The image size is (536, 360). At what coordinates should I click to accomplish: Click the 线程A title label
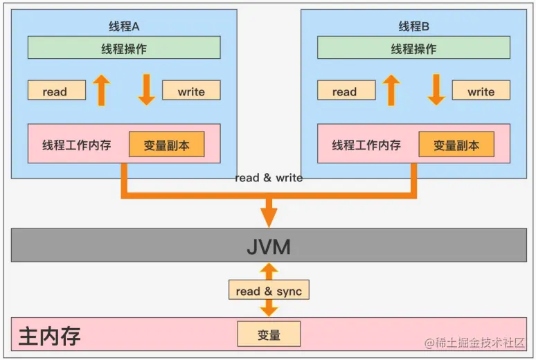[125, 26]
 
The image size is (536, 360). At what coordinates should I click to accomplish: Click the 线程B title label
[414, 26]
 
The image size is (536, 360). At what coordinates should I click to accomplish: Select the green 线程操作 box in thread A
[124, 48]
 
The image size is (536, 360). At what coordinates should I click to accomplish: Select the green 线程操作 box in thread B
[413, 48]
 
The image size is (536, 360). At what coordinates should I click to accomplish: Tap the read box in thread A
[56, 91]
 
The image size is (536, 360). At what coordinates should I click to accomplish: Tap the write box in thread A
[191, 91]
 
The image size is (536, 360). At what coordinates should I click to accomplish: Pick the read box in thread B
[346, 91]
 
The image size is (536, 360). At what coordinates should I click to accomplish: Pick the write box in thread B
[481, 91]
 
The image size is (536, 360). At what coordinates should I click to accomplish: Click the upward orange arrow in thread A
[102, 90]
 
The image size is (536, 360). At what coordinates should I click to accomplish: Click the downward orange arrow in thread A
[146, 90]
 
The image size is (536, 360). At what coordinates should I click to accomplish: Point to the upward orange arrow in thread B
[391, 90]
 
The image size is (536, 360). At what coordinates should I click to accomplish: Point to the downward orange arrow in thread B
[436, 90]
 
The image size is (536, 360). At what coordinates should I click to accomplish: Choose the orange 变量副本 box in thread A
[166, 145]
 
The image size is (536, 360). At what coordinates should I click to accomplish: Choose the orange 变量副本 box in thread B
[456, 145]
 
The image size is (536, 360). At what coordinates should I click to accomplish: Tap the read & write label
[269, 178]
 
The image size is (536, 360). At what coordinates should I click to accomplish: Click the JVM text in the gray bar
[269, 246]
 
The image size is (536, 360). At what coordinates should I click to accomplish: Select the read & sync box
[269, 291]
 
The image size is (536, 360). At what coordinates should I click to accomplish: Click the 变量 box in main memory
[269, 334]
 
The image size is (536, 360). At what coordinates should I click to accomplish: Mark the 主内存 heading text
[50, 336]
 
